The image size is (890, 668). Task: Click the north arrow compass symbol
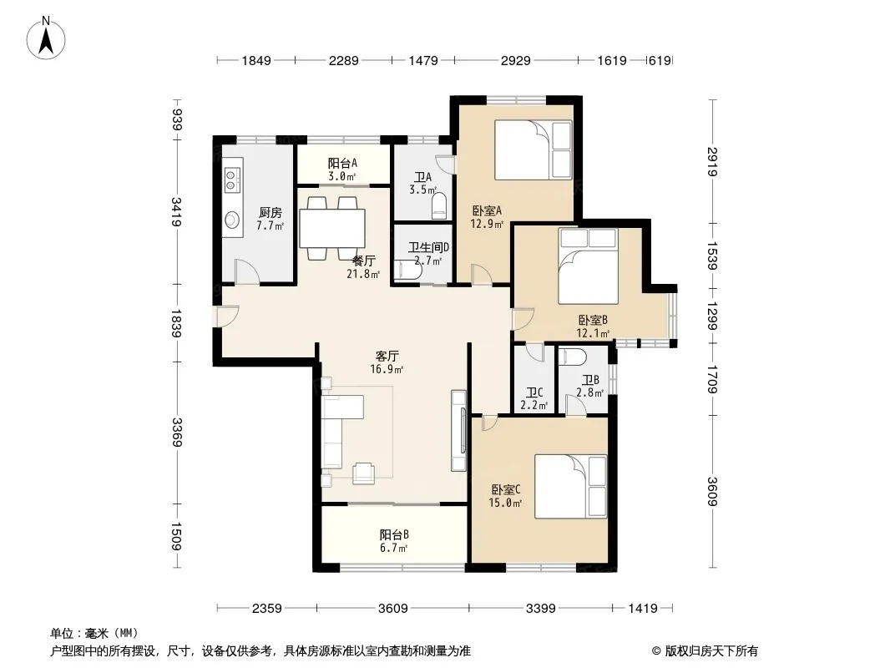point(46,38)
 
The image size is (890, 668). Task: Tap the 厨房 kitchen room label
point(270,213)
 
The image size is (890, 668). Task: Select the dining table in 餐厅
point(332,228)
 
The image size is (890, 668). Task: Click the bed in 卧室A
point(533,149)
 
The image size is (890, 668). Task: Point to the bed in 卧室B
point(588,266)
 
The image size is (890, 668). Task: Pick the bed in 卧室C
point(570,486)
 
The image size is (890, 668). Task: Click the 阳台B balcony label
point(394,534)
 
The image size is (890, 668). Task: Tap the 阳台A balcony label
point(342,164)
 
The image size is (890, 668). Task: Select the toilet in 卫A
point(440,205)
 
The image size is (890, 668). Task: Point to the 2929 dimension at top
point(515,60)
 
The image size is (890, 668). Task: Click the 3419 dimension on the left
point(176,212)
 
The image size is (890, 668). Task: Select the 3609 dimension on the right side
point(713,492)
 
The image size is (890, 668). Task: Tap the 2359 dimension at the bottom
point(267,609)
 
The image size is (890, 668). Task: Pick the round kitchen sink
point(231,219)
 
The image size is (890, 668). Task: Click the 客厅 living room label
point(387,357)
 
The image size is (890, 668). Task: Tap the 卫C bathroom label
point(534,392)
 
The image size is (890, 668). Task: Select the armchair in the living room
point(363,473)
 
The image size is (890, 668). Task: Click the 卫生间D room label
point(428,247)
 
